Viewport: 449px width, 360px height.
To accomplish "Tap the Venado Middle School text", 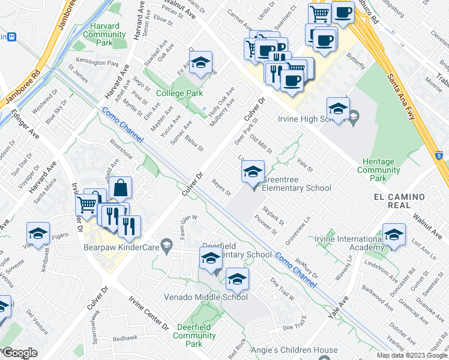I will (206, 297).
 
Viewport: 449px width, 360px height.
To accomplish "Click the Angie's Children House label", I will (303, 350).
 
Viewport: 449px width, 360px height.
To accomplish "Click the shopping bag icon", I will (121, 188).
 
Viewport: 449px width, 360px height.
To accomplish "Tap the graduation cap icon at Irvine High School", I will (338, 109).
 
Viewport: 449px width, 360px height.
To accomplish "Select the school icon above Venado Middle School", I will (237, 279).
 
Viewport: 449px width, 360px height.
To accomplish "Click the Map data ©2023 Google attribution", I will (412, 355).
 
